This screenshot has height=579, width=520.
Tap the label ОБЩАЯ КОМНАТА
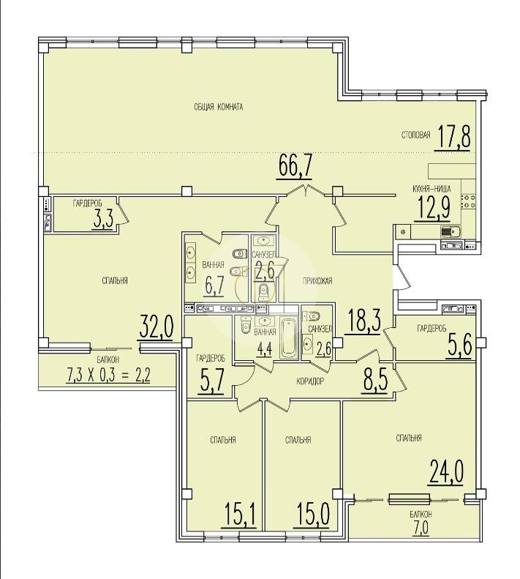[219, 107]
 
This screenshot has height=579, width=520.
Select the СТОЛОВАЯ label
[416, 135]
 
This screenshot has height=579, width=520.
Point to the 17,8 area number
[454, 137]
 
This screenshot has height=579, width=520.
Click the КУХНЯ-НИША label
[432, 189]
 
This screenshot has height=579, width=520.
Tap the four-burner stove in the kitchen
[468, 201]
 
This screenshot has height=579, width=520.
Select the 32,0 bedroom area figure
[156, 326]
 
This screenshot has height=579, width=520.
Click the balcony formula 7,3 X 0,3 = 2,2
[108, 376]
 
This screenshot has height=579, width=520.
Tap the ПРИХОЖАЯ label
[317, 281]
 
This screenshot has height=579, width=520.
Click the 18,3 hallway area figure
[363, 321]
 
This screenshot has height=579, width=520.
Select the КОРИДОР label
[310, 381]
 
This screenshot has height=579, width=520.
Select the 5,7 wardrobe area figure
[211, 382]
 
